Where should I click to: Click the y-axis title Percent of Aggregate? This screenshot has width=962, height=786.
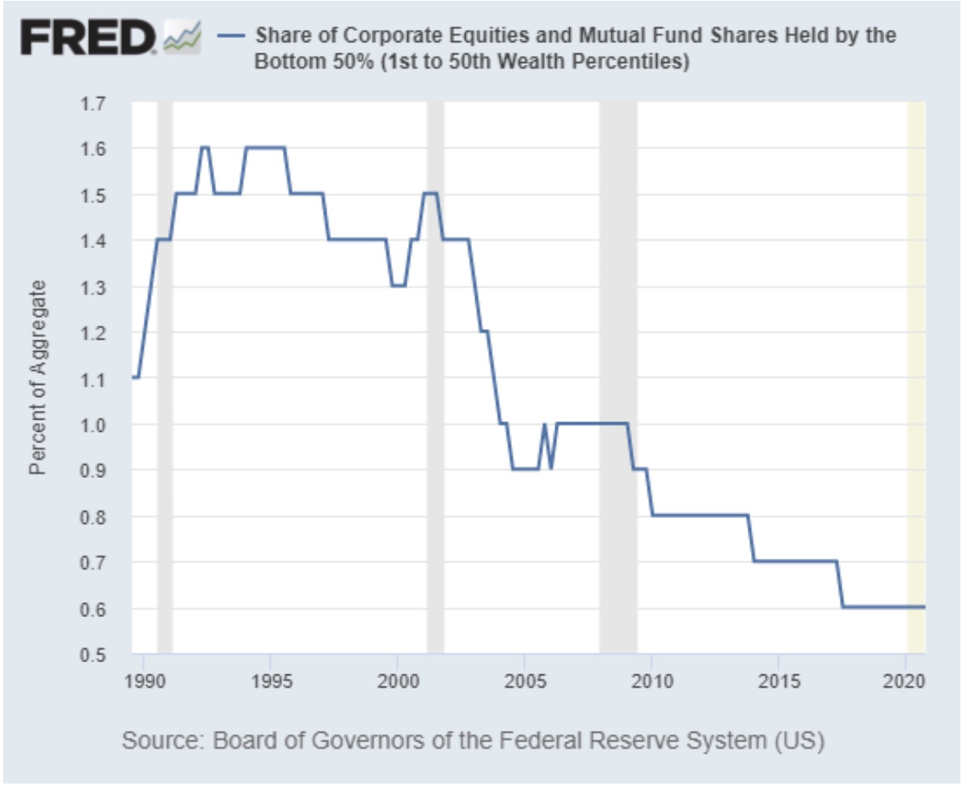(x=37, y=378)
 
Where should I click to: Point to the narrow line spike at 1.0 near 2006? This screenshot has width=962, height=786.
(x=545, y=426)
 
